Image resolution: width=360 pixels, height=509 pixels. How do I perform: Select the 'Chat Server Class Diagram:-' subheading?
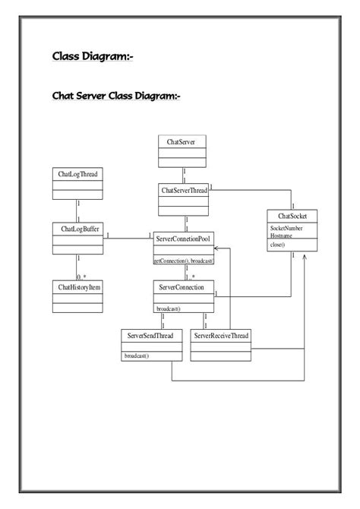point(115,96)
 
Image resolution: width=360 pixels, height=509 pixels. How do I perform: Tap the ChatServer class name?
point(182,141)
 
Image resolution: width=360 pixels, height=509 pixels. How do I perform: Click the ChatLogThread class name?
point(77,174)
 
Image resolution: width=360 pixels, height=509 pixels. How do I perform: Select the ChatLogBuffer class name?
point(77,227)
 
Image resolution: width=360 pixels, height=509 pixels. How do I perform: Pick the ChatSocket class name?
point(292,217)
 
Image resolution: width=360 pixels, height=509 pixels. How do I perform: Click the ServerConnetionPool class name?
point(183,239)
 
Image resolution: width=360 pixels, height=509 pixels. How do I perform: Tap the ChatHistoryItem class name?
point(77,286)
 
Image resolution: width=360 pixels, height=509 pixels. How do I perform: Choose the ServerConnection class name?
point(183,286)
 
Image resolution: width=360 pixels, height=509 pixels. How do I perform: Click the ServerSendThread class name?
point(151,335)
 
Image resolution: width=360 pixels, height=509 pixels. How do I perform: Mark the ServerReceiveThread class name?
point(220,335)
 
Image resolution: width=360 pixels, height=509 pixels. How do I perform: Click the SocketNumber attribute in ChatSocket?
point(286,228)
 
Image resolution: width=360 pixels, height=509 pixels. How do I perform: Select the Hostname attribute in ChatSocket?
point(282,236)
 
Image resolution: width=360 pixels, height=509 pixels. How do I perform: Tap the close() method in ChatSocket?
point(278,245)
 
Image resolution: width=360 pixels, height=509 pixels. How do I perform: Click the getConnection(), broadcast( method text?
point(183,261)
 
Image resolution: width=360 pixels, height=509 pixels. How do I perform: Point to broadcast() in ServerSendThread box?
point(137,355)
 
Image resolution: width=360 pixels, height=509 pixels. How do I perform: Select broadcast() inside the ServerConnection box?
point(169,308)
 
